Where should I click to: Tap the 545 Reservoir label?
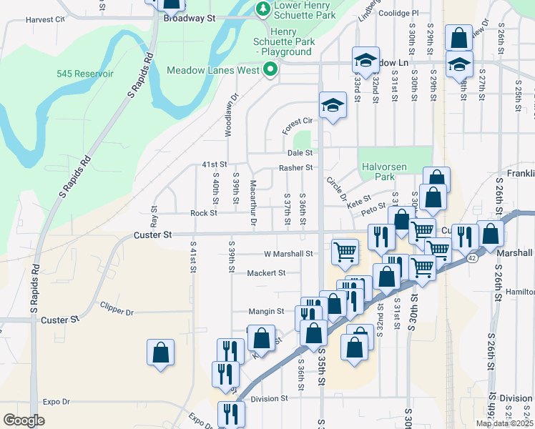pyautogui.click(x=85, y=74)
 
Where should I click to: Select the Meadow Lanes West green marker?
pyautogui.click(x=270, y=70)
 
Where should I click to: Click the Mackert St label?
pyautogui.click(x=266, y=272)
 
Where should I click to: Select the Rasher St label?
pyautogui.click(x=296, y=168)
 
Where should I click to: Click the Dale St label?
pyautogui.click(x=300, y=153)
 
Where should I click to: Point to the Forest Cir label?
pyautogui.click(x=298, y=121)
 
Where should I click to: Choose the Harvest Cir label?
pyautogui.click(x=44, y=20)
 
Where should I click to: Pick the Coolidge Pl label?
pyautogui.click(x=400, y=13)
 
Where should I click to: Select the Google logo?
pyautogui.click(x=24, y=420)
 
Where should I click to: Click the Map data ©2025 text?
pyautogui.click(x=505, y=423)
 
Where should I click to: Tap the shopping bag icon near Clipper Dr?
pyautogui.click(x=160, y=352)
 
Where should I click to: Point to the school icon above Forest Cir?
pyautogui.click(x=332, y=105)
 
